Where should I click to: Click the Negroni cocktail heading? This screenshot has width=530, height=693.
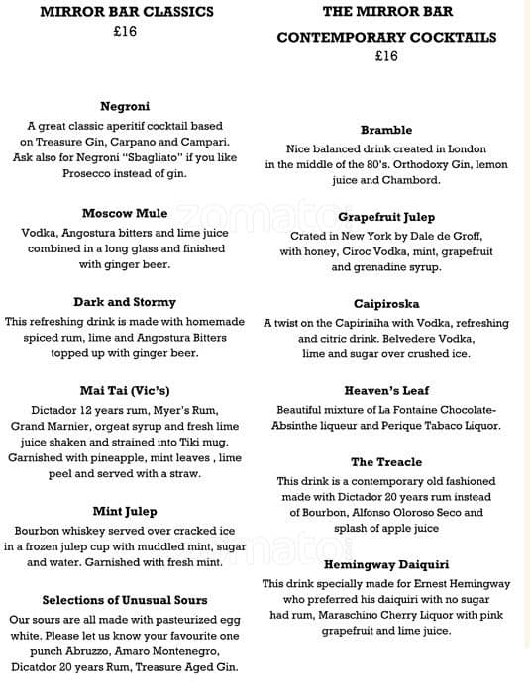125,106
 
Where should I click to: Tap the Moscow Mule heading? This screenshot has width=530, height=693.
125,213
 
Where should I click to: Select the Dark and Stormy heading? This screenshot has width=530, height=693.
125,302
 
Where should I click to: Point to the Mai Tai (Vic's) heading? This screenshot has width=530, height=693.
125,390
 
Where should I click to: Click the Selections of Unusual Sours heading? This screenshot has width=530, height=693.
125,600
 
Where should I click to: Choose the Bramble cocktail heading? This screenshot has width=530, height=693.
386,130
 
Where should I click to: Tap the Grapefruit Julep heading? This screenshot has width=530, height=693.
386,217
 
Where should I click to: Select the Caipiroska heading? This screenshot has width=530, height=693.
386,303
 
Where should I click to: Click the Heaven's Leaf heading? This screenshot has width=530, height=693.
386,390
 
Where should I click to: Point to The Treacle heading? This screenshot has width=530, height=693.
386,461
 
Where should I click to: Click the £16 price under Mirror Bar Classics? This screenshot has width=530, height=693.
125,32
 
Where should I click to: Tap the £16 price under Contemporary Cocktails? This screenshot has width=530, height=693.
386,56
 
